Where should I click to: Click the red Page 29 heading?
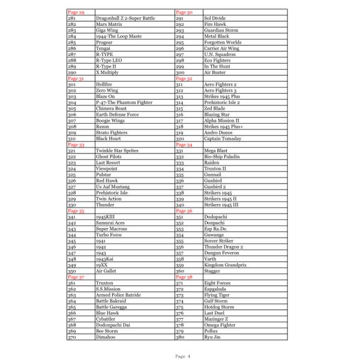(76, 13)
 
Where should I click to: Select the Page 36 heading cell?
(184, 211)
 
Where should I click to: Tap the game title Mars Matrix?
(110, 25)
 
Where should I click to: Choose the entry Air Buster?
(215, 72)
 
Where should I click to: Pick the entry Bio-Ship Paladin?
(222, 157)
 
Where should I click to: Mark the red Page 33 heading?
(76, 145)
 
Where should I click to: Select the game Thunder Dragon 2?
(224, 247)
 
